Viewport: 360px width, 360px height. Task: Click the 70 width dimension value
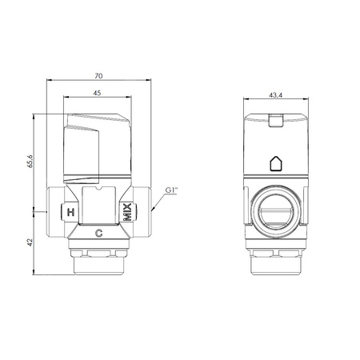click(98, 76)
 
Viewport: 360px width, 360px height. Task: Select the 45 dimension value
click(97, 93)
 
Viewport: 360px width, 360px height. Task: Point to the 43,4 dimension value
click(276, 95)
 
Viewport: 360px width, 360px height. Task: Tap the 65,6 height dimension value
click(30, 161)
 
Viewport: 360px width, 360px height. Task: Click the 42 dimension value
click(30, 242)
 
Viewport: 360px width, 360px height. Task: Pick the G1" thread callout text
click(171, 190)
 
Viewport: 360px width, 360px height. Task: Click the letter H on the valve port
click(70, 213)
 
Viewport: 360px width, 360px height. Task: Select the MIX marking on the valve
click(128, 212)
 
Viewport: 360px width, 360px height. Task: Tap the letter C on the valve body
click(99, 234)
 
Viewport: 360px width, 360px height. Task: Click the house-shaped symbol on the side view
click(276, 163)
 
